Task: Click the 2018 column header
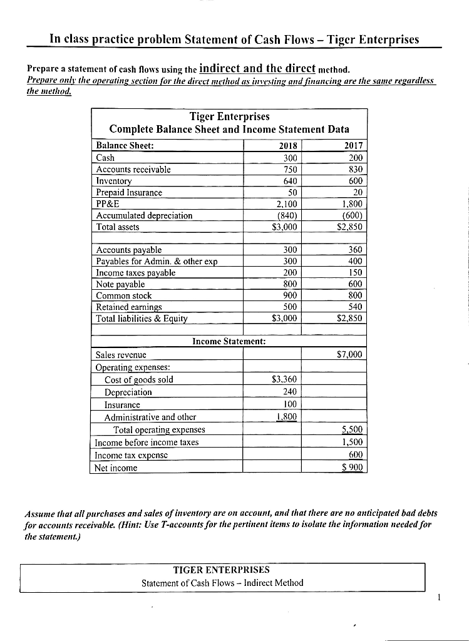(x=286, y=146)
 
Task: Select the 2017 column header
(x=354, y=146)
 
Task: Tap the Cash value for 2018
(x=289, y=158)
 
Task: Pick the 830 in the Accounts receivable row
(x=355, y=170)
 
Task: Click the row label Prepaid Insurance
(x=129, y=192)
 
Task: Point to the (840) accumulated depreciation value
(x=286, y=215)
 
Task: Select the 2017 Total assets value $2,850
(x=350, y=227)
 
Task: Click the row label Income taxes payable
(x=135, y=273)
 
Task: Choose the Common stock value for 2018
(x=289, y=295)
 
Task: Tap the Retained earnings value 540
(x=355, y=307)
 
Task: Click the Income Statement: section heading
(x=229, y=341)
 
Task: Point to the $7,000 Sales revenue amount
(x=349, y=355)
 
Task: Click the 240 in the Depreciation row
(x=289, y=392)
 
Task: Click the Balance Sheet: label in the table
(x=125, y=146)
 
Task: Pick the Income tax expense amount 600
(x=354, y=455)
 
